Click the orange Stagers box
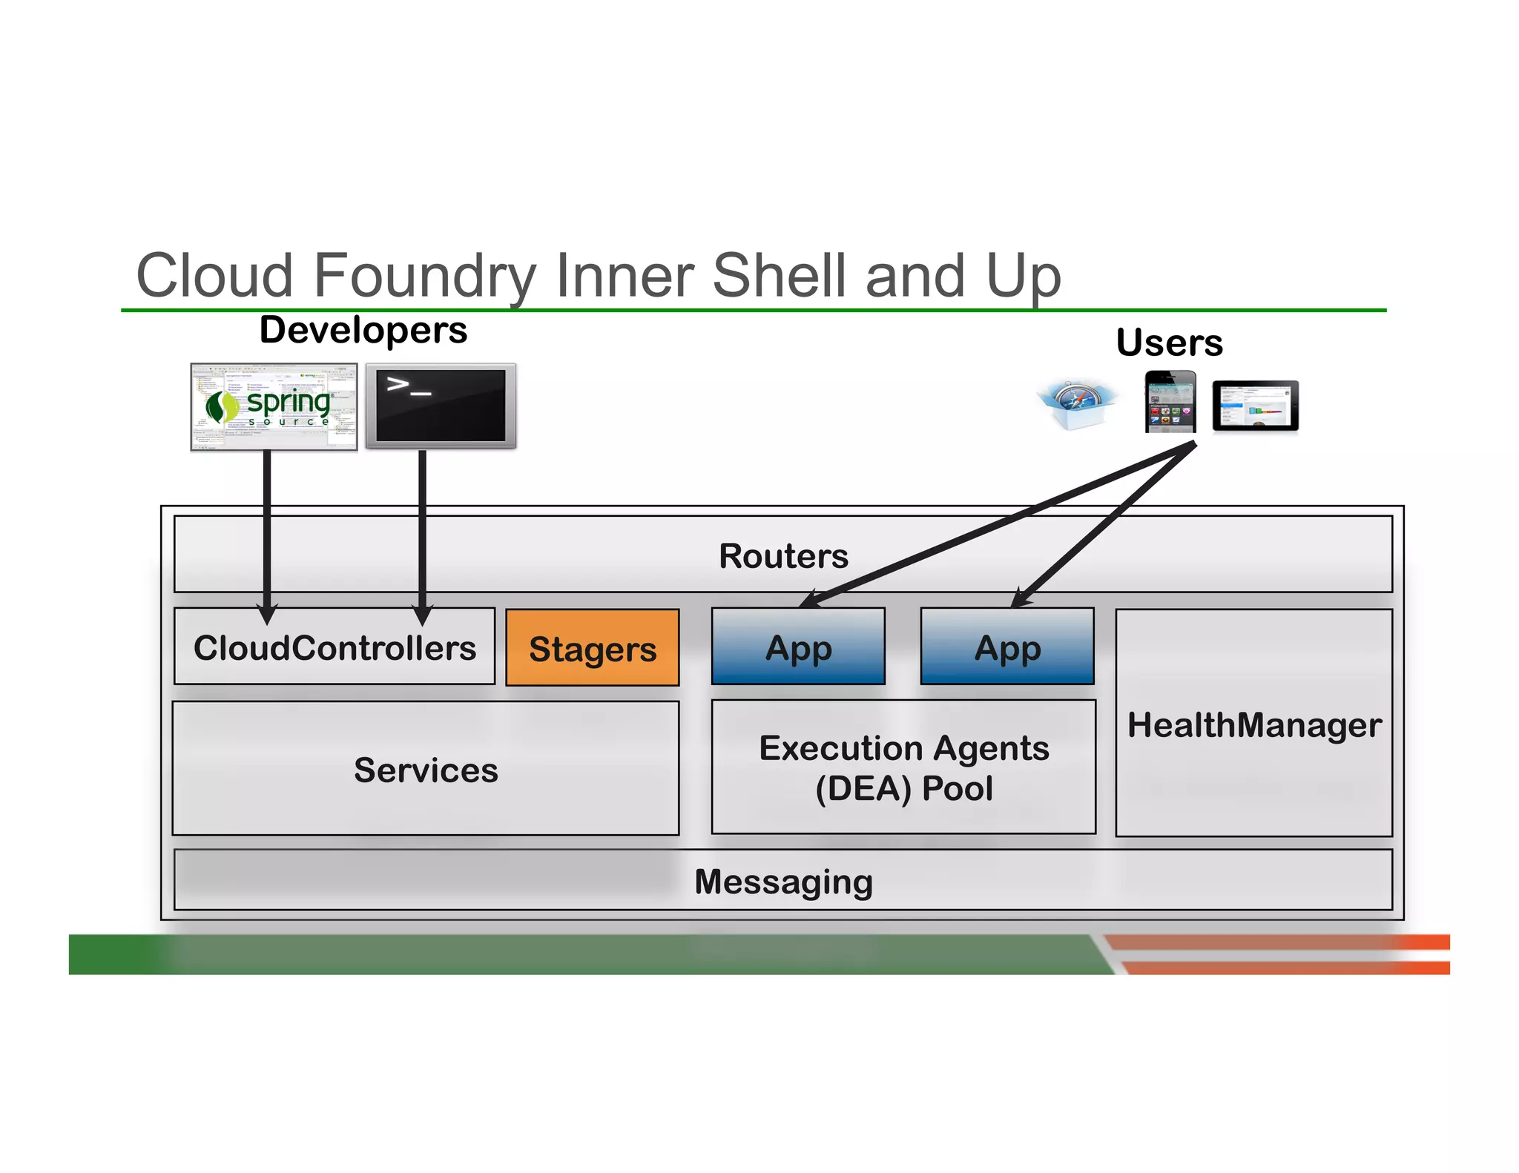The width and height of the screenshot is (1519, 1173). (592, 648)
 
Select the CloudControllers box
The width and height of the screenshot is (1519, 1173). (334, 647)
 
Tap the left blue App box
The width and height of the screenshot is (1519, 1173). (798, 647)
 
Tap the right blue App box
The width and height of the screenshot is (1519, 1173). (1006, 647)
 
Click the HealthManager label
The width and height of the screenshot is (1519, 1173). (1253, 724)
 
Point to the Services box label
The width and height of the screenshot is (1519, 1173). (426, 770)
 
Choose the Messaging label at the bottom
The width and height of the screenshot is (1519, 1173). (783, 882)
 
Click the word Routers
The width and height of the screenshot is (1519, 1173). (783, 555)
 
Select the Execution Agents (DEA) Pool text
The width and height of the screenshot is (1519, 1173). (903, 767)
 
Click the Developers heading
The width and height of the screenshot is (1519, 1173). (363, 329)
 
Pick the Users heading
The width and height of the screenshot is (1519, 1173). (1169, 343)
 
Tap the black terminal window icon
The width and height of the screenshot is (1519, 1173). (441, 406)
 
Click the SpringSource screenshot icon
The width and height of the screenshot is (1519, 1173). (274, 406)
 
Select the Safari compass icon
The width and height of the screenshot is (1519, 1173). (1077, 404)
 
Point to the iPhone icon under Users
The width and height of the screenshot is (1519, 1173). (1170, 402)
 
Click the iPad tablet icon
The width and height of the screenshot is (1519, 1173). (1255, 406)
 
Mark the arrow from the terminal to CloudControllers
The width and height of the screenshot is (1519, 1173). (422, 534)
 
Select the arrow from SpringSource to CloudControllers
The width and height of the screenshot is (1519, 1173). (267, 534)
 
